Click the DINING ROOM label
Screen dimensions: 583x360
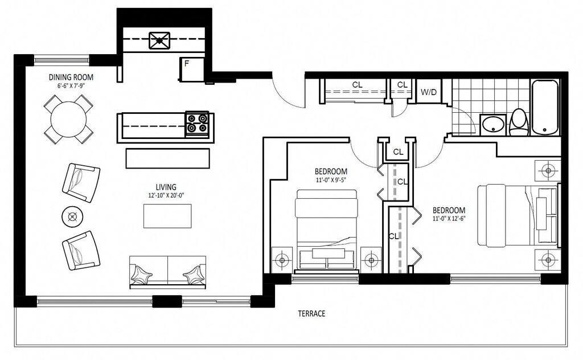71,77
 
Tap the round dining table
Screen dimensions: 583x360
68,120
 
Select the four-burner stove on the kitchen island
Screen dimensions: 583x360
197,124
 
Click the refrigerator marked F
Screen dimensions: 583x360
192,69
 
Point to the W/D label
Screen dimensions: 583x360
429,92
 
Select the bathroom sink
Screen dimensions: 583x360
493,125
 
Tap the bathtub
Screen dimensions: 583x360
545,108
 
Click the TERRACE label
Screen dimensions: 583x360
311,313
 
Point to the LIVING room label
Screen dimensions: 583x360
166,187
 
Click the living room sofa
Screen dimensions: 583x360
168,272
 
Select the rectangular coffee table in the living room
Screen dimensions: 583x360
168,216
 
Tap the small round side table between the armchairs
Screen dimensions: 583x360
72,216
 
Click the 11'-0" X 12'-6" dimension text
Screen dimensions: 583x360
449,219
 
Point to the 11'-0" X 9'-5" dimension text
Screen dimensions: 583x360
331,179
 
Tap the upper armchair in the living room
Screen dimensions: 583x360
81,183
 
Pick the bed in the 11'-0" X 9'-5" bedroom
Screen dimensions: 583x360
326,231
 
